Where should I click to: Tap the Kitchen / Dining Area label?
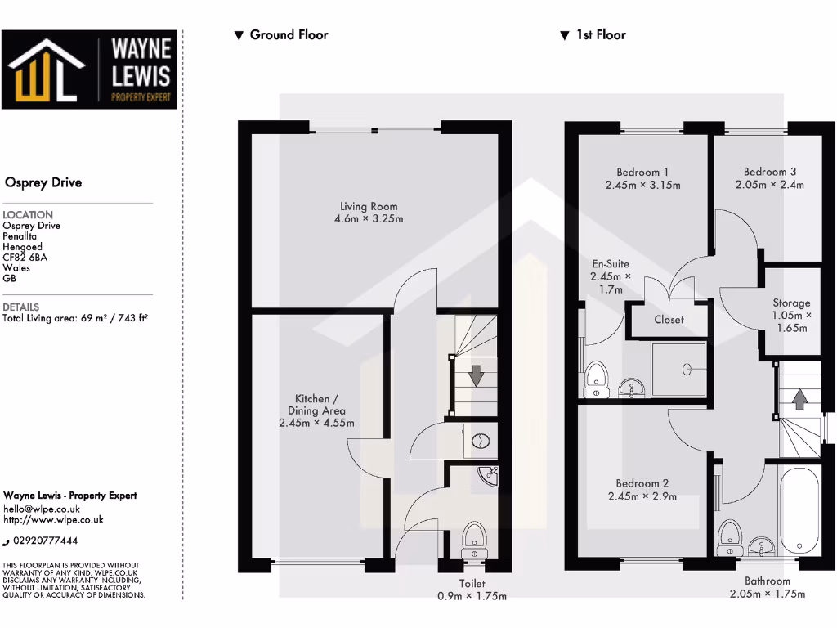pos(316,405)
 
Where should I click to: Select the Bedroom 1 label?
pos(642,173)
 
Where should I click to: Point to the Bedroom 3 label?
pos(769,173)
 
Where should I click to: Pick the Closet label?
pos(669,320)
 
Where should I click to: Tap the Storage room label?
pos(791,303)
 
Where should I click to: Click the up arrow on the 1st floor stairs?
pos(799,399)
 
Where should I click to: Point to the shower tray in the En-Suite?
pos(678,368)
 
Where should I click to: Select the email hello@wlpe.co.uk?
pos(42,509)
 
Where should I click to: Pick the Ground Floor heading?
pos(289,35)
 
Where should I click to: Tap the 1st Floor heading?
pos(601,35)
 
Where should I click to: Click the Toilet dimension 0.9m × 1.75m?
pos(472,596)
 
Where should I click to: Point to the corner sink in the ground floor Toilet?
pos(489,473)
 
